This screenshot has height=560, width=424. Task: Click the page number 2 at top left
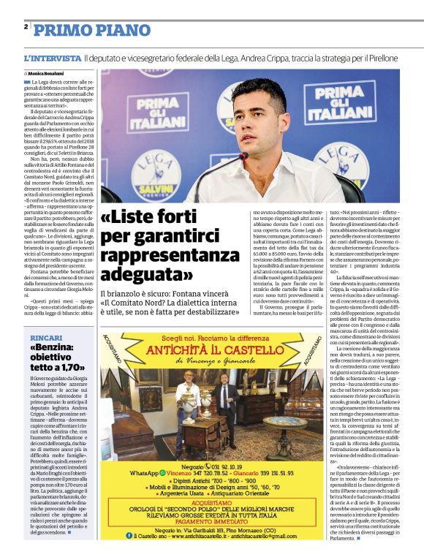(x=26, y=27)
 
